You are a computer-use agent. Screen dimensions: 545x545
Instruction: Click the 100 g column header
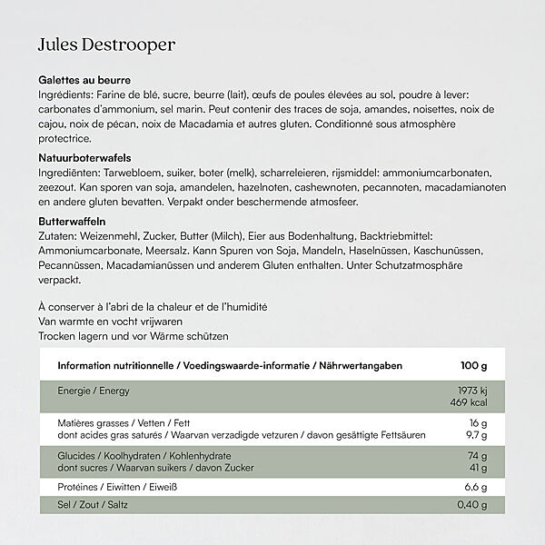473,366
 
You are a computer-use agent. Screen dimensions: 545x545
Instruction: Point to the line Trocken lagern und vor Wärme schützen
133,336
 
